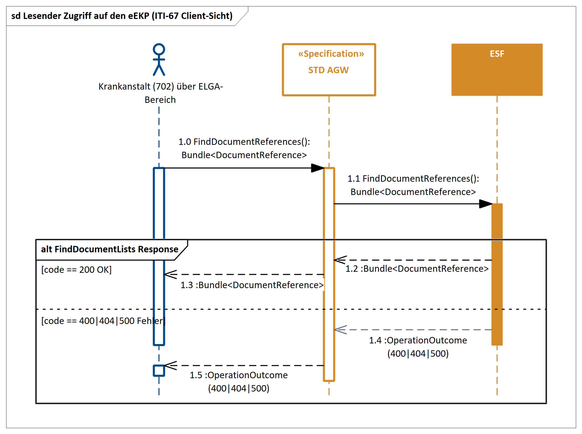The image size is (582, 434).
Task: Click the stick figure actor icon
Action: tap(159, 60)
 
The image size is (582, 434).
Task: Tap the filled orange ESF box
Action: tap(496, 73)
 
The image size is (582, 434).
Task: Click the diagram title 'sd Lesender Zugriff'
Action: tap(122, 16)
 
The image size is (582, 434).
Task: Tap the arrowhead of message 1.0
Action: tap(318, 168)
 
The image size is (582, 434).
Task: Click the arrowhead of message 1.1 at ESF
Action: tap(485, 204)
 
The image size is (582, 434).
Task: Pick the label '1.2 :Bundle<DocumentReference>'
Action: tap(417, 268)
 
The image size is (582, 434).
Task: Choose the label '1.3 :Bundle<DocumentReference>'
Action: tap(252, 285)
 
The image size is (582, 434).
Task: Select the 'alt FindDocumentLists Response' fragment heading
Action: tap(109, 249)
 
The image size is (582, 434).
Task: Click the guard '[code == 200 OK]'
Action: tap(76, 269)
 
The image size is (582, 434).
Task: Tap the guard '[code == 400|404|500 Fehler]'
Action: tap(103, 321)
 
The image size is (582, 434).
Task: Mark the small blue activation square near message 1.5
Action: tap(159, 371)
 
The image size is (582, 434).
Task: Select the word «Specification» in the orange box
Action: tap(331, 53)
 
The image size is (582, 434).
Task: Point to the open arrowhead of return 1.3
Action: tap(170, 274)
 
